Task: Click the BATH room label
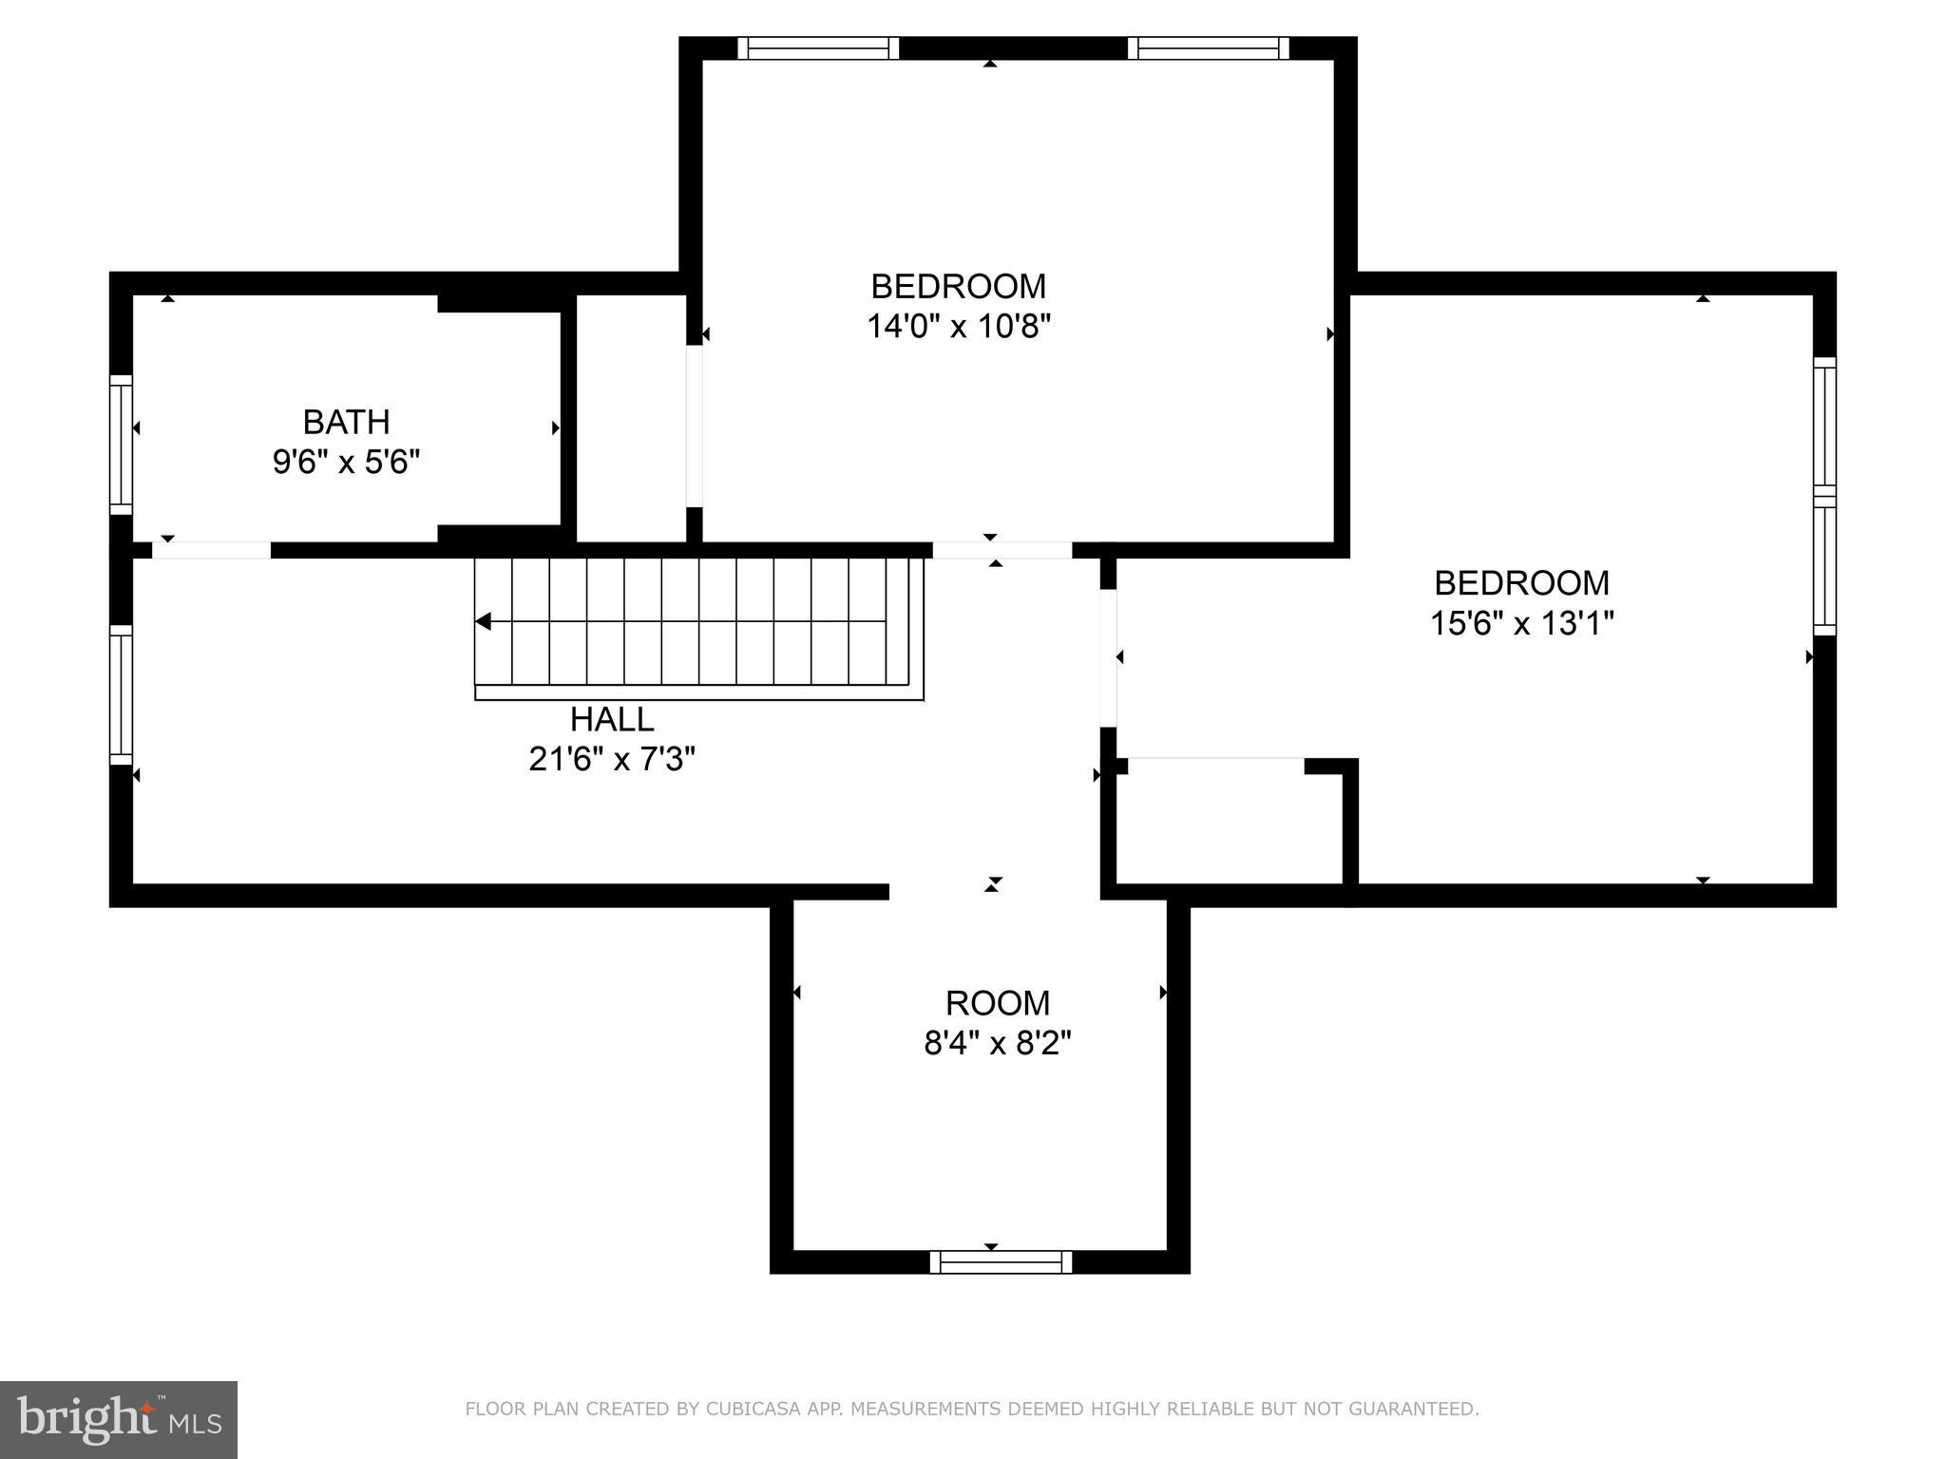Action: (x=346, y=422)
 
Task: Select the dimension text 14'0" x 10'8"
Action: (x=958, y=327)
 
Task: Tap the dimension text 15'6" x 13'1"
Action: (x=1521, y=624)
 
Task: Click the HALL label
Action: (x=612, y=720)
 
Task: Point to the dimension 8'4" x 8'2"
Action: (x=997, y=1044)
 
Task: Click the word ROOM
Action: (x=997, y=1003)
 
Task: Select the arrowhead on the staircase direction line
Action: (x=483, y=622)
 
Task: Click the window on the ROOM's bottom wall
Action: (x=1001, y=1261)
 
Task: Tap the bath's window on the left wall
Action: (x=121, y=444)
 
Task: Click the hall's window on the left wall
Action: (x=121, y=694)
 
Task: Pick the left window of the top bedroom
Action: (x=818, y=48)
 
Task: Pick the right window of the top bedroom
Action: (x=1208, y=48)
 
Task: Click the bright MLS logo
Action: (x=119, y=1420)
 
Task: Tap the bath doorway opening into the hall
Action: (x=212, y=550)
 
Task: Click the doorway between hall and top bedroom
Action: (x=1002, y=550)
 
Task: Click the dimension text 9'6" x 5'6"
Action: (x=346, y=463)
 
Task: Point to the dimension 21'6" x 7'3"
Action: (x=612, y=760)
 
